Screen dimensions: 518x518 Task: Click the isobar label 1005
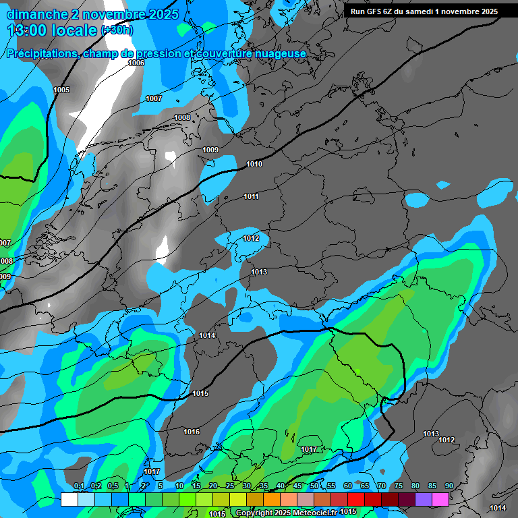(61, 90)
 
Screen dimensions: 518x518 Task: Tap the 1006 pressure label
(136, 63)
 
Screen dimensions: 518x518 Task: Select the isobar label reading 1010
(254, 164)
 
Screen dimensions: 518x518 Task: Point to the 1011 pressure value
(252, 196)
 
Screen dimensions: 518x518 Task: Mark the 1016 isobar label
(192, 432)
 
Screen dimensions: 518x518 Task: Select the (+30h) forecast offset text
(117, 30)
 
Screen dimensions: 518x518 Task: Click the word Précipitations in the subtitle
(40, 53)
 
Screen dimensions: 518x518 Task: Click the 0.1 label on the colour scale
(78, 486)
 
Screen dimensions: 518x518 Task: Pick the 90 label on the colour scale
(449, 486)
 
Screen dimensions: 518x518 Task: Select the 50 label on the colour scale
(314, 486)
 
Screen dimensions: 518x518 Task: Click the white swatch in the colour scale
(69, 499)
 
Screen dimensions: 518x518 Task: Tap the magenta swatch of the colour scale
(440, 499)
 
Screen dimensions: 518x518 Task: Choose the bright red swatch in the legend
(355, 499)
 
